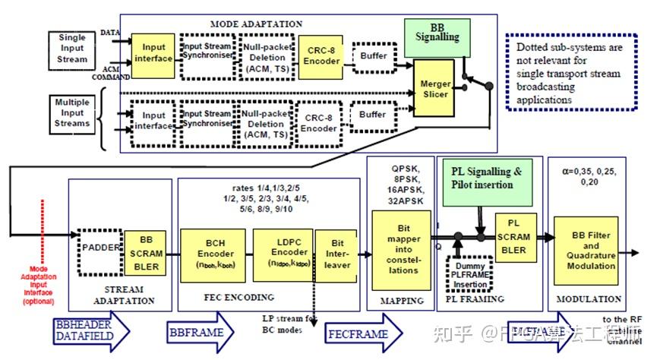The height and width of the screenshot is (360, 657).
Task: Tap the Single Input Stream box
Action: coord(73,48)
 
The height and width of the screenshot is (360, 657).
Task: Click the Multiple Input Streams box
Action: coord(73,112)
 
